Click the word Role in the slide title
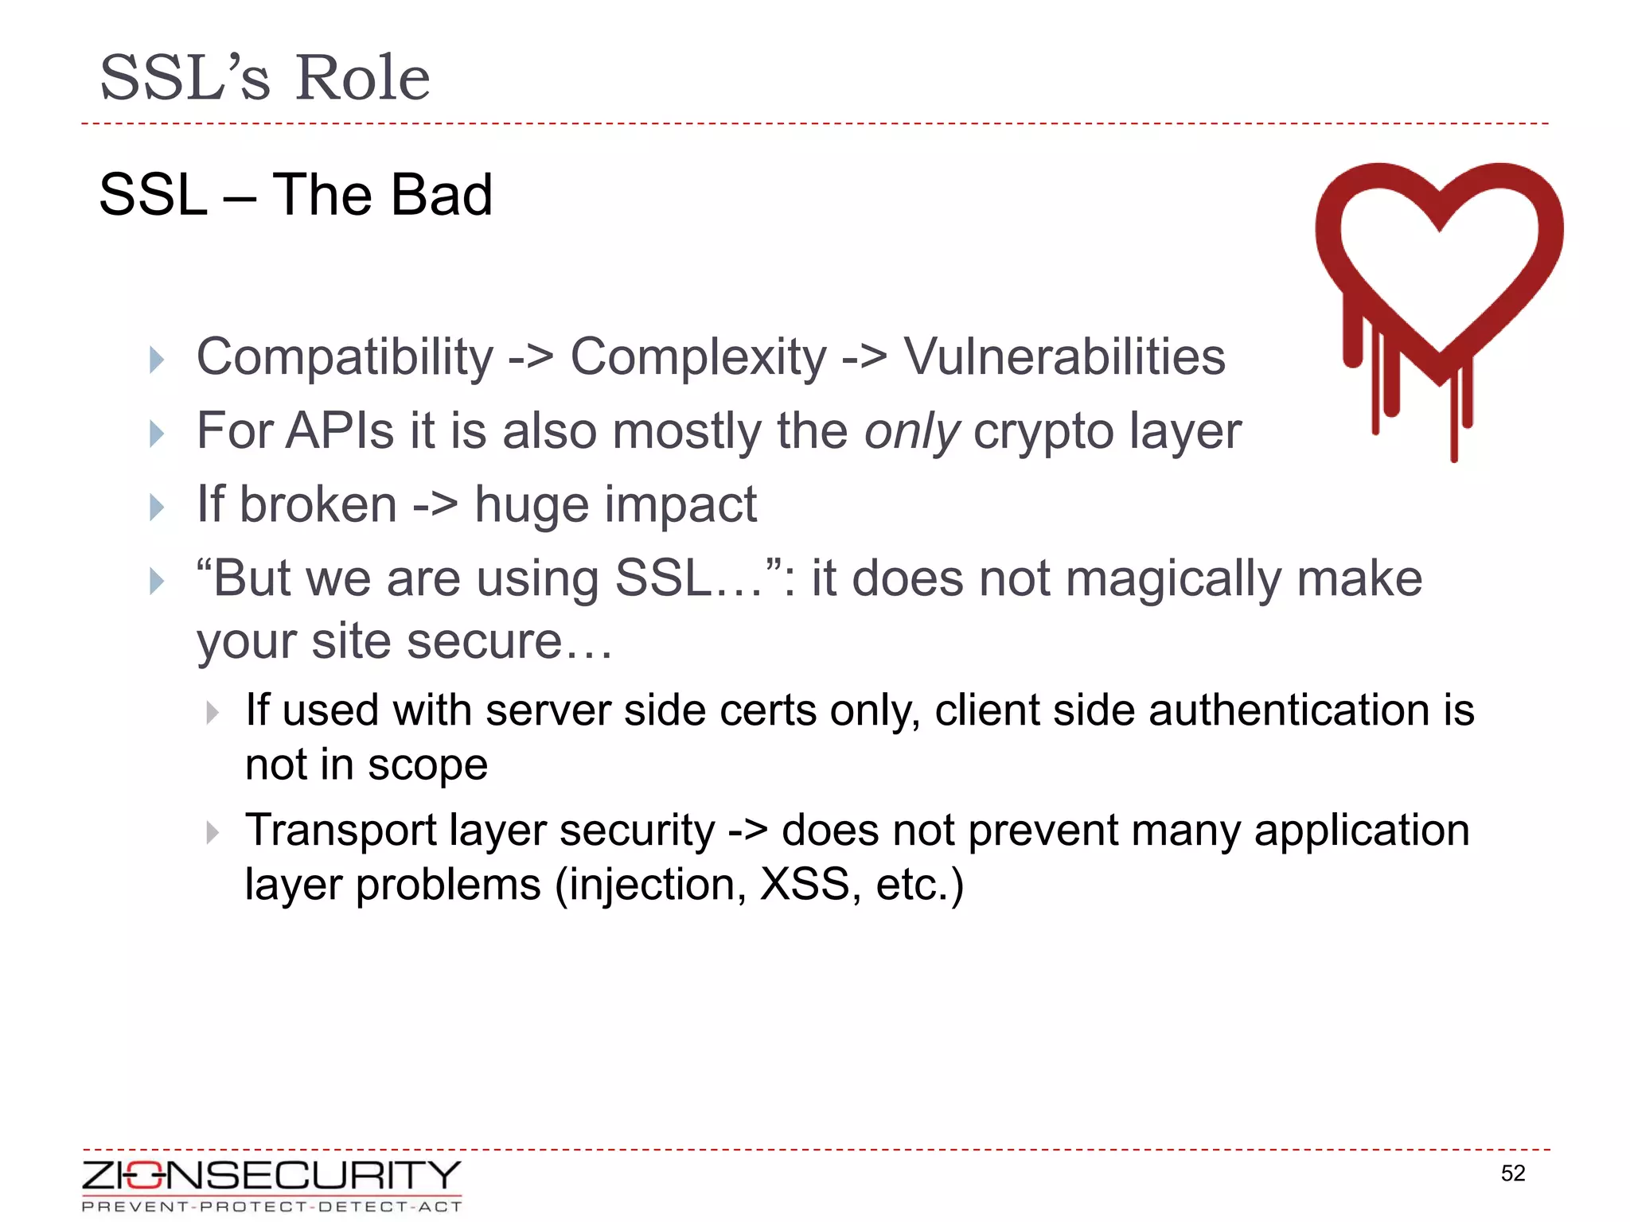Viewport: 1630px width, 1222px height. tap(362, 78)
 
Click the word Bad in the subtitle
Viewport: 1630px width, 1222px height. tap(442, 195)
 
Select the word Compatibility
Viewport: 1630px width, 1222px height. tap(345, 357)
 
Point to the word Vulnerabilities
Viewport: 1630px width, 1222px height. tap(1064, 356)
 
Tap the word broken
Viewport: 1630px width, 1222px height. tap(318, 504)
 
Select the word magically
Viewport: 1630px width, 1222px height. tap(1172, 579)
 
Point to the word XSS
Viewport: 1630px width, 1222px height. tap(805, 885)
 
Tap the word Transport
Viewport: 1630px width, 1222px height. tap(340, 831)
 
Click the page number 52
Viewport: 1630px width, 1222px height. tap(1512, 1173)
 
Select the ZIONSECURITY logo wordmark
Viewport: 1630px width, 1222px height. tap(271, 1175)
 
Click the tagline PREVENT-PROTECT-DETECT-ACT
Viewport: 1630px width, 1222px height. tap(271, 1207)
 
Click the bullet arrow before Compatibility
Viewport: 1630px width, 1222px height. tap(157, 360)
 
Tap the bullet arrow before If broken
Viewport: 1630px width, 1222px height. tap(157, 507)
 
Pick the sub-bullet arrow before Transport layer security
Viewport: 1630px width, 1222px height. tap(212, 833)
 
